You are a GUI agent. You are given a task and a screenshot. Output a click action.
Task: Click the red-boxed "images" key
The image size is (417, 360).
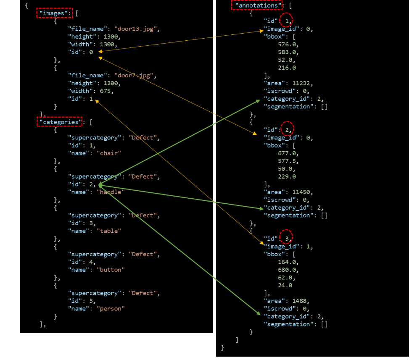coord(54,13)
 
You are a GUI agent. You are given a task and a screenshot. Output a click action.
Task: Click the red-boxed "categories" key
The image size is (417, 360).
coord(59,122)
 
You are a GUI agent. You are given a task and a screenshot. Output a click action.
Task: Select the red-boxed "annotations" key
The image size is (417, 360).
coord(257,5)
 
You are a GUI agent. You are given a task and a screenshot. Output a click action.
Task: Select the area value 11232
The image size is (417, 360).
coord(303,84)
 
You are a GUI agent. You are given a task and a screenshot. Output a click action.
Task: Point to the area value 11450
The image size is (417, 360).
coord(303,192)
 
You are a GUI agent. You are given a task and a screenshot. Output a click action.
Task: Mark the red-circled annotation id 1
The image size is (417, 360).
coord(287,21)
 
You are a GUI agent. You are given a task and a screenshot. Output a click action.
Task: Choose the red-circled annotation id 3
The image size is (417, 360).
coord(287,239)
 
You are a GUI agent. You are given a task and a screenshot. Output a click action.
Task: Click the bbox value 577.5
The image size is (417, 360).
coord(288,161)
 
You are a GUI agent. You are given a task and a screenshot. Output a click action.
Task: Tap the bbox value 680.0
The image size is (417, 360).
coord(288,270)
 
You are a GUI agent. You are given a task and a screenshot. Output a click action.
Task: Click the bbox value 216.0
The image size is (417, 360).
coord(287,68)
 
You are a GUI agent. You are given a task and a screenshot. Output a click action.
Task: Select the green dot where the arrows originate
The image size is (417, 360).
coord(100,184)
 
